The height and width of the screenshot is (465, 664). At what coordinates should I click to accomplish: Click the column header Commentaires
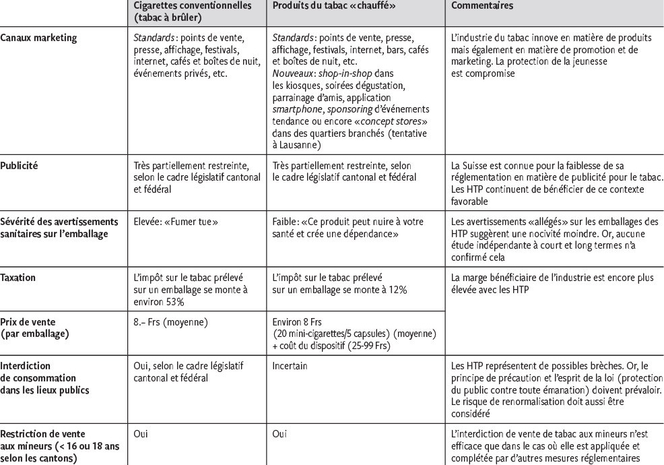pos(479,5)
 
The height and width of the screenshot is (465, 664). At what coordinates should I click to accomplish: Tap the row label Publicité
pos(19,164)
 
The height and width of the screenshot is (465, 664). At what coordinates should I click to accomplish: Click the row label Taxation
pos(18,277)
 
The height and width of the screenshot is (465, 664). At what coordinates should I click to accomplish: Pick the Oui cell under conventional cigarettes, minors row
pos(141,435)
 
